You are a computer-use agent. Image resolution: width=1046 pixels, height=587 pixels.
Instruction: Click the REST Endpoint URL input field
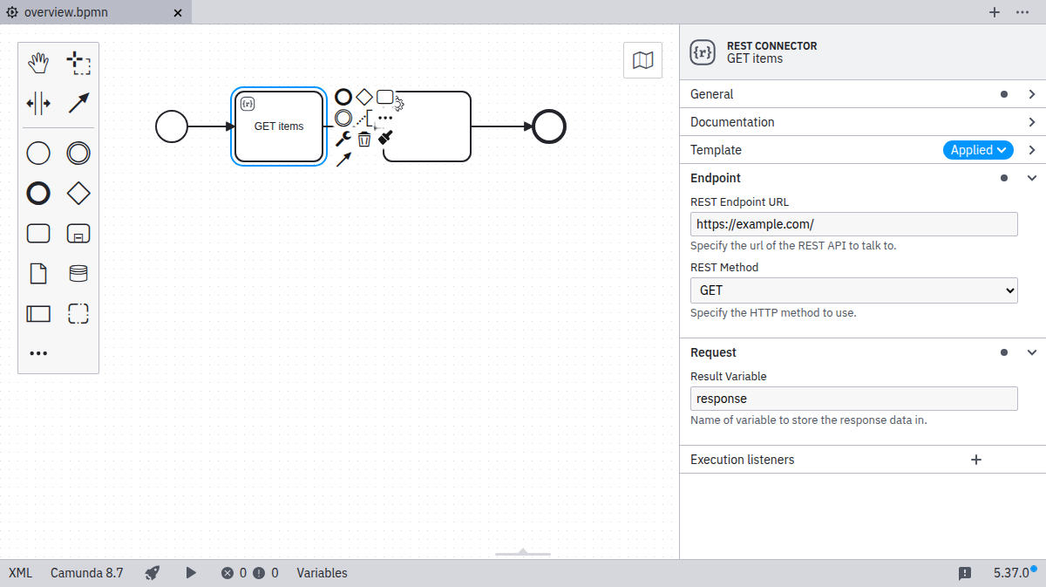click(x=853, y=224)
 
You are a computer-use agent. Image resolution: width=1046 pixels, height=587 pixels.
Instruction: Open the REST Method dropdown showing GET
click(x=853, y=290)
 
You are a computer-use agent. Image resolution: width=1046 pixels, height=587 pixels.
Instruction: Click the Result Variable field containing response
click(x=853, y=399)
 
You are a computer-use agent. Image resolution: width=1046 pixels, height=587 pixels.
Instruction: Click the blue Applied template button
click(x=978, y=150)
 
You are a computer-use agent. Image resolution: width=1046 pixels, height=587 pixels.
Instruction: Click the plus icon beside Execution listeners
click(x=976, y=460)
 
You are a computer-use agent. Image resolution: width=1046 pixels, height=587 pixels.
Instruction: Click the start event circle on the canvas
click(x=172, y=126)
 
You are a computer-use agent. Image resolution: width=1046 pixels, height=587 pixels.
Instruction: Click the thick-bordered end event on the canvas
click(x=549, y=126)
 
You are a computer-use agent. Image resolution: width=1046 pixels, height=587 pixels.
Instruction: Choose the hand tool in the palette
click(x=38, y=63)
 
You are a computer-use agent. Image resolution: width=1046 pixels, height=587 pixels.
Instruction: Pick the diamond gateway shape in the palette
click(x=78, y=194)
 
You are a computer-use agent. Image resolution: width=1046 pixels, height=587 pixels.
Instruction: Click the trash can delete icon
click(x=364, y=139)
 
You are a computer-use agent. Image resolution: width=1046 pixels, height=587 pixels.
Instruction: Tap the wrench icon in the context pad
click(x=343, y=139)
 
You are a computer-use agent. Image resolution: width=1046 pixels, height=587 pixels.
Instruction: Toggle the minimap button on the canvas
click(x=642, y=60)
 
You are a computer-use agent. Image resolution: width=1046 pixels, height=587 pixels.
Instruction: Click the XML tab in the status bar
click(x=20, y=573)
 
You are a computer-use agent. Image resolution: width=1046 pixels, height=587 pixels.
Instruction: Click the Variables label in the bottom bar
click(x=322, y=573)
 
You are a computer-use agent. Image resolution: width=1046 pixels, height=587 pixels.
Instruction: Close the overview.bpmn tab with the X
click(x=178, y=13)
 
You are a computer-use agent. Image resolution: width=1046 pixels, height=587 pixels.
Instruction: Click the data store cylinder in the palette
click(x=78, y=274)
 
